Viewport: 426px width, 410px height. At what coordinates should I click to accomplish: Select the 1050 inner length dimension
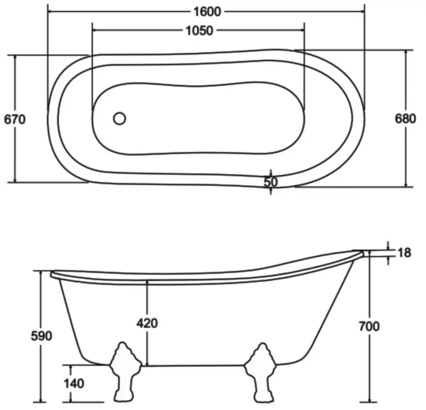[199, 30]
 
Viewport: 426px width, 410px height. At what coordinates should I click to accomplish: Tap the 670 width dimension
[14, 119]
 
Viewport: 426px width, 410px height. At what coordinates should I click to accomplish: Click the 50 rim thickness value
[271, 182]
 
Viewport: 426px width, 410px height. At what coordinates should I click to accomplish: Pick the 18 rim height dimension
[405, 253]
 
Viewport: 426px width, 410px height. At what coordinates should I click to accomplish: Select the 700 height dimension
[369, 326]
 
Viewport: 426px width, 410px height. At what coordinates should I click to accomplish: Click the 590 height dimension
[41, 336]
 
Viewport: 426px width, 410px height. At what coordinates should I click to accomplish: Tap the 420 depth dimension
[147, 323]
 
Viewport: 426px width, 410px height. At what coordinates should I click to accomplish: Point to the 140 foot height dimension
[73, 383]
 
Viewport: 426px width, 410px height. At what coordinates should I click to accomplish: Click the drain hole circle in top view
[120, 118]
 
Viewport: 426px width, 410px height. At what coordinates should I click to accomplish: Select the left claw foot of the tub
[125, 372]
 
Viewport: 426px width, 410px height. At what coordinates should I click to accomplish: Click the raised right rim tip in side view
[361, 252]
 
